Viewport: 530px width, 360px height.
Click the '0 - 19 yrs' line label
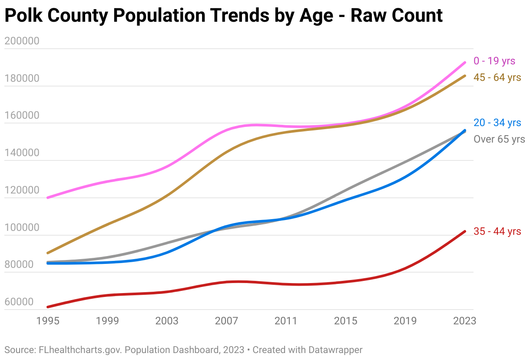494,61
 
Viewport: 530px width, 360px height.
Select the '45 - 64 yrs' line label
497,78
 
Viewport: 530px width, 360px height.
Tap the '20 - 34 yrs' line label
497,123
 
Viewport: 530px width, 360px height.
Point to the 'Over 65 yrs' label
499,140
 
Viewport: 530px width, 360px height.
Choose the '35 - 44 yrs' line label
497,232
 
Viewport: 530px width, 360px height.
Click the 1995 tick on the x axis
48,321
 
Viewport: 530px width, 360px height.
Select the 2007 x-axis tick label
226,321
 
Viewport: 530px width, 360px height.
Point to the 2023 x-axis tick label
464,321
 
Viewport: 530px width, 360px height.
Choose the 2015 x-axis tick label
346,321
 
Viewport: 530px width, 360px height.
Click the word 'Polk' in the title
23,16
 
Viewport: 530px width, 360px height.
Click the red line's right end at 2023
465,231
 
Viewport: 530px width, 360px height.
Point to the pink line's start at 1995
47,198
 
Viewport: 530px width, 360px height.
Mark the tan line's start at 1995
47,253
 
